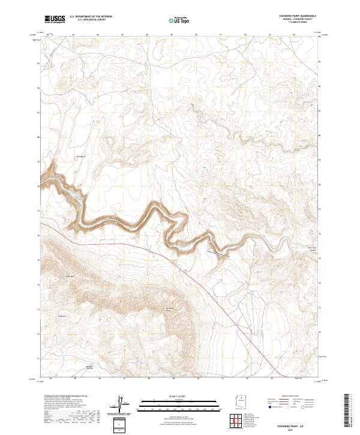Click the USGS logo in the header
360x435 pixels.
54,19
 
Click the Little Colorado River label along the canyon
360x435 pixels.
218,254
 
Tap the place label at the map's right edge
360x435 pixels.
311,247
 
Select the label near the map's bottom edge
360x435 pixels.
90,367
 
